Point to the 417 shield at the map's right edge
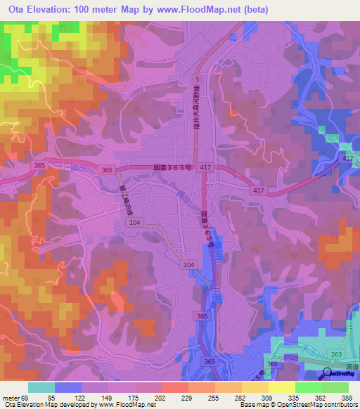point(348,160)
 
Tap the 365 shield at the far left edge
point(39,165)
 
